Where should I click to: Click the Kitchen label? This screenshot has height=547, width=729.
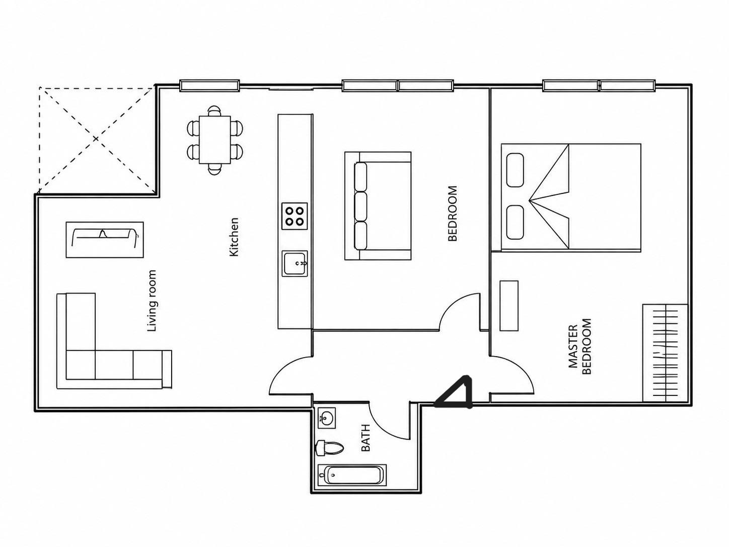click(234, 237)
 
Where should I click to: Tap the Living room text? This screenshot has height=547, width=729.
click(152, 301)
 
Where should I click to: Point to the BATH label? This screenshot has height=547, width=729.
click(366, 438)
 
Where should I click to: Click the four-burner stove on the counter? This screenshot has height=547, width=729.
click(295, 216)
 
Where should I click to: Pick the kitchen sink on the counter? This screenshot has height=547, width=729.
click(295, 264)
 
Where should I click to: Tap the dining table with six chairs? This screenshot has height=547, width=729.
click(215, 140)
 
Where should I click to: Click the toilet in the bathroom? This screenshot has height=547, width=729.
click(329, 448)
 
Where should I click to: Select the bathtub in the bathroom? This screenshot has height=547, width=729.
click(352, 475)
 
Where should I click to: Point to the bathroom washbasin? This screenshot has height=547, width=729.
click(326, 418)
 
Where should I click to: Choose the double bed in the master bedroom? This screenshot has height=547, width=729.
click(570, 197)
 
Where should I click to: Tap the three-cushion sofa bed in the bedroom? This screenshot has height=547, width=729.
click(378, 206)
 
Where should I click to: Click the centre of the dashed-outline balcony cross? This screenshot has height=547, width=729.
click(96, 139)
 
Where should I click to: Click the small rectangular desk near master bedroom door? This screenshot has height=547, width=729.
click(509, 306)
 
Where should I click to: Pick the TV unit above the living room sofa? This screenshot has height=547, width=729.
click(105, 239)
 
